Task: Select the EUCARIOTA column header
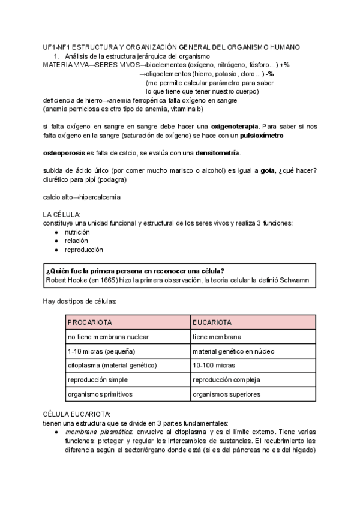[x=212, y=322]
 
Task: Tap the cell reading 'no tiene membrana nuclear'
[x=108, y=337]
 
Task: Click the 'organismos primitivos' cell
[x=100, y=394]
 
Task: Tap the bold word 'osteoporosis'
[x=64, y=154]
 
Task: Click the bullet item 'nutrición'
[x=77, y=232]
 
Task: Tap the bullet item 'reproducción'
[x=84, y=249]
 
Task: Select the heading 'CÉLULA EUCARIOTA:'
[x=77, y=414]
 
